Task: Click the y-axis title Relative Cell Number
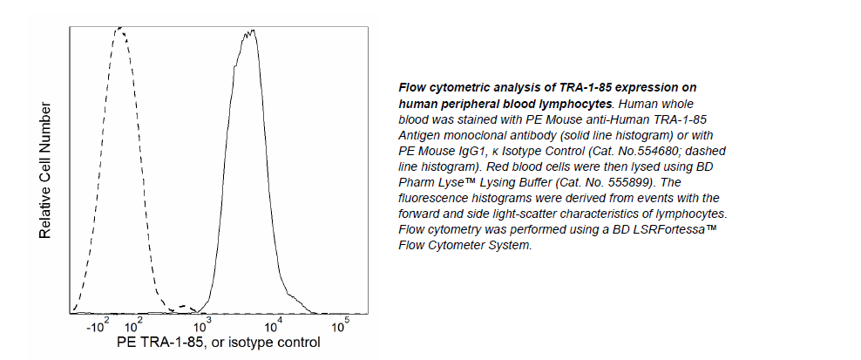[x=45, y=171]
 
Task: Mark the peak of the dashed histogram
[x=119, y=28]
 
